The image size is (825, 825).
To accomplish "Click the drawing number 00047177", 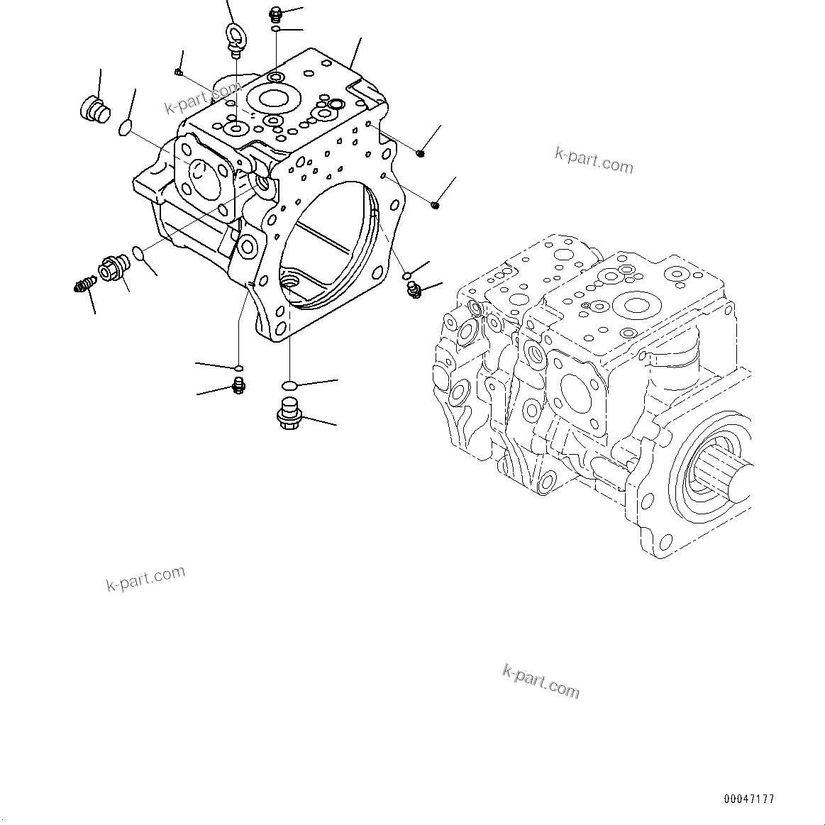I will pyautogui.click(x=749, y=799).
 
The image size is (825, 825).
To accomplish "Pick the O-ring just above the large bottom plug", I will pyautogui.click(x=289, y=385).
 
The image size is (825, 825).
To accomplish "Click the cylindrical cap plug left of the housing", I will pyautogui.click(x=92, y=110).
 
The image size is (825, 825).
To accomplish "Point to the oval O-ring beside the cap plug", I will pyautogui.click(x=125, y=128).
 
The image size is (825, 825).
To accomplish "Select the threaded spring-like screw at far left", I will pyautogui.click(x=84, y=284).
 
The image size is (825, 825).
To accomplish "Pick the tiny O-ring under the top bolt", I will pyautogui.click(x=276, y=29).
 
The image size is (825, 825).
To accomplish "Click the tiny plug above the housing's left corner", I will pyautogui.click(x=179, y=71).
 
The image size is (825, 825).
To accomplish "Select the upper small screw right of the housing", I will pyautogui.click(x=421, y=153).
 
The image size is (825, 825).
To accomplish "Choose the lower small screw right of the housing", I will pyautogui.click(x=435, y=206).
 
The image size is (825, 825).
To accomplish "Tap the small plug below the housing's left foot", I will pyautogui.click(x=239, y=385).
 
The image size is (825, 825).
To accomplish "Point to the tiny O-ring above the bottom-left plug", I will pyautogui.click(x=239, y=368).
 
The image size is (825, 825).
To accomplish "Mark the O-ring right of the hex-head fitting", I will pyautogui.click(x=139, y=253).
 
